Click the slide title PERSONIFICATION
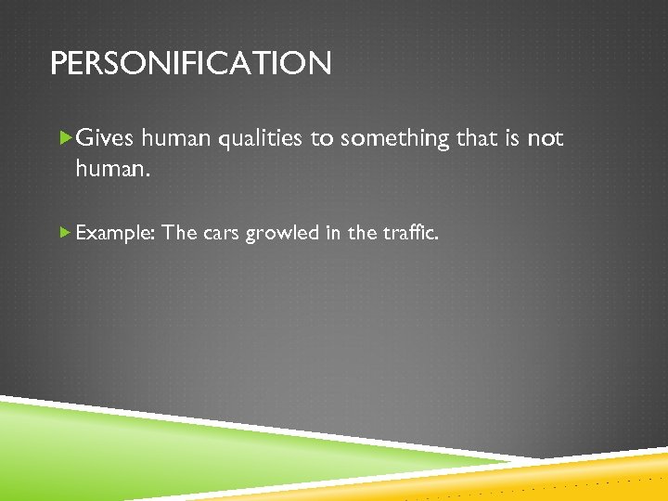(x=190, y=64)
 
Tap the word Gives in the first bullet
(x=104, y=139)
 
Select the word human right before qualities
(x=176, y=139)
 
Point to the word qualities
(x=260, y=139)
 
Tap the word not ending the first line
(x=545, y=139)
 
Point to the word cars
(x=221, y=233)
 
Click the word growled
(x=282, y=233)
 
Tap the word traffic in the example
(x=410, y=233)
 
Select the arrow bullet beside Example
(x=64, y=233)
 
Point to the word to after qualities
(x=321, y=139)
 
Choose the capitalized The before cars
(x=179, y=233)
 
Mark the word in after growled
(x=332, y=233)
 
